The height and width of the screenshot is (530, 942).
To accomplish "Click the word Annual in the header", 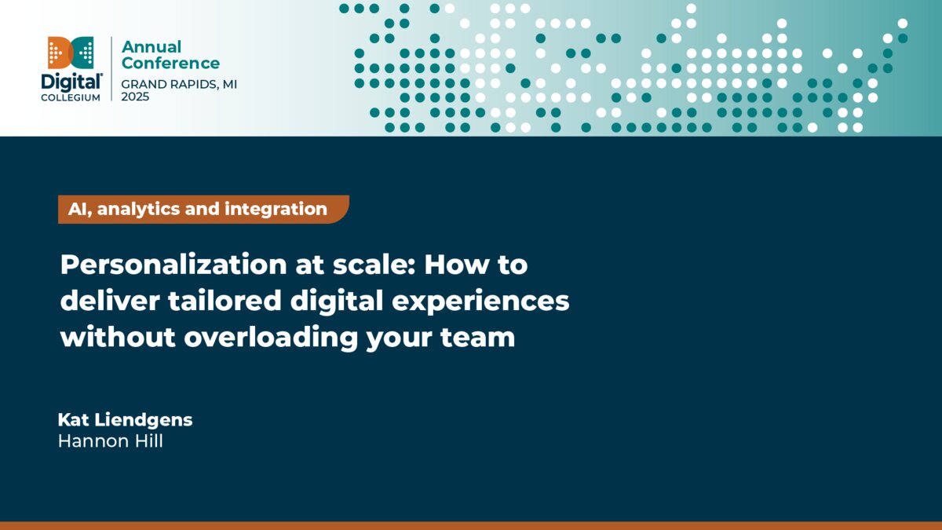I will click(x=151, y=46).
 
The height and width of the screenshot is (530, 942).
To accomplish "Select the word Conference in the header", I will click(x=170, y=64).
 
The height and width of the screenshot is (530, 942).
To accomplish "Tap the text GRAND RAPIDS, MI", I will click(x=179, y=84).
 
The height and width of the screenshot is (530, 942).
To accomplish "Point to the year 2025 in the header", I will click(x=135, y=97).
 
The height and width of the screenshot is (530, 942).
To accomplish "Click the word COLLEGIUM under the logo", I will click(x=71, y=97).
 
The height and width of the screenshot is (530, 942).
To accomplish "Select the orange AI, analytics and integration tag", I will click(x=203, y=209).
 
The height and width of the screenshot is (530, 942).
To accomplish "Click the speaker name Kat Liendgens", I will click(x=125, y=420).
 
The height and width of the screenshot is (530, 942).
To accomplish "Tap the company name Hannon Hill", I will click(x=111, y=441).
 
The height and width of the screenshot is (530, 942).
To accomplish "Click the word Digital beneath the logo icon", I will click(x=71, y=82).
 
